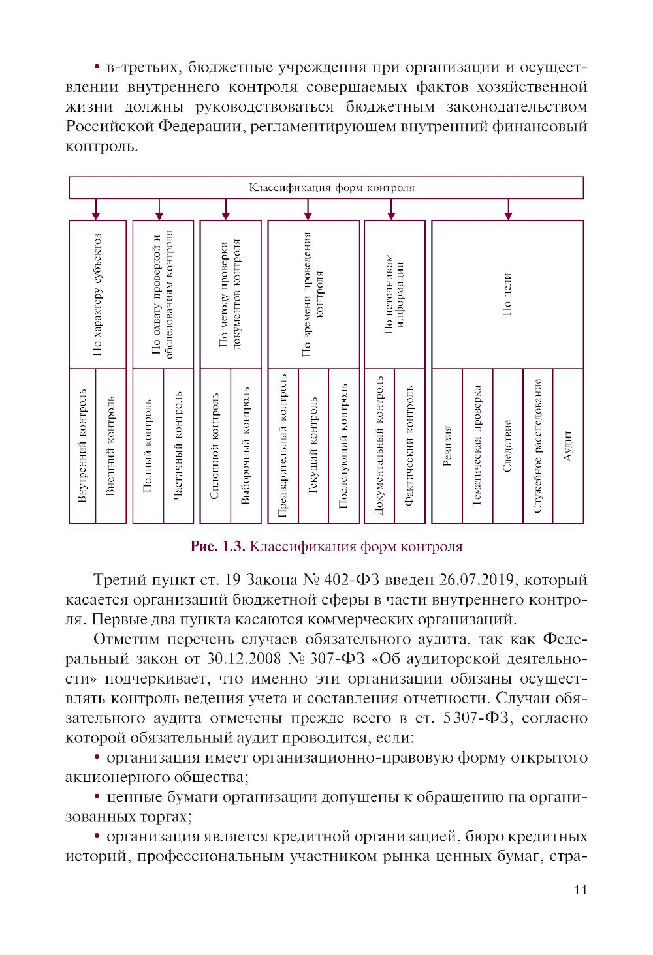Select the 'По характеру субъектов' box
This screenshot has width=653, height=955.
coord(97,294)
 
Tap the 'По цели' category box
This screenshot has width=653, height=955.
coord(507,294)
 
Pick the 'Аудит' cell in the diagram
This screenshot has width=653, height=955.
coord(568,446)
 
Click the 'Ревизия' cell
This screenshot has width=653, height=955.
coord(447,446)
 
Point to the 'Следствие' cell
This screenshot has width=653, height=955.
coord(508,446)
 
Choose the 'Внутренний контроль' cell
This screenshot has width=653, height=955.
coord(82,446)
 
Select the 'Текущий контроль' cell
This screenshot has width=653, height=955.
coord(313,446)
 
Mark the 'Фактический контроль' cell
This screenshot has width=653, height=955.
coord(409,446)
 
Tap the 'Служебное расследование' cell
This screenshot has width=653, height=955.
coord(538,446)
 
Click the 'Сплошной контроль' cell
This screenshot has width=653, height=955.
coord(215,446)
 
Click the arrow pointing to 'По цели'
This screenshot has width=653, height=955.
coord(508,211)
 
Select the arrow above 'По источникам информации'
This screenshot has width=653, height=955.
coord(391,211)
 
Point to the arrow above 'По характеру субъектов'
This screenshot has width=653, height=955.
coord(96,211)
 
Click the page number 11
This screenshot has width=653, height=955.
coord(580,890)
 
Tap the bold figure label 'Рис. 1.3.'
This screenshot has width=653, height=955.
coord(217,547)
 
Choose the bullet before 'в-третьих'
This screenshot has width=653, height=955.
coord(97,67)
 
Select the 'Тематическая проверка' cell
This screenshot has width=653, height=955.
coord(477,446)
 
